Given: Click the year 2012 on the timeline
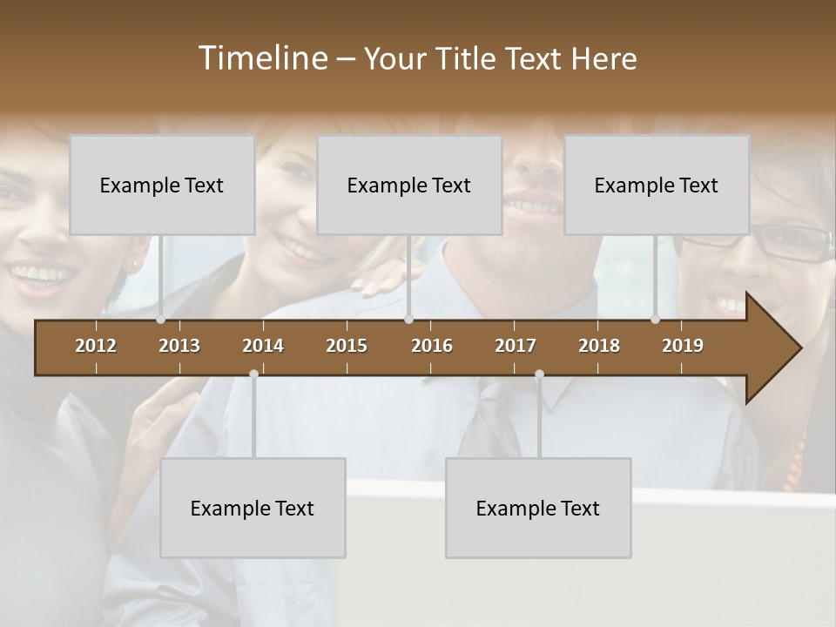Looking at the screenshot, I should point(96,346).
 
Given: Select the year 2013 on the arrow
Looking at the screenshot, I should point(179,346).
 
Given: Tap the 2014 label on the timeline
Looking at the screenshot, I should point(263,346).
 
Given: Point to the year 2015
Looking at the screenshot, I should point(347,346).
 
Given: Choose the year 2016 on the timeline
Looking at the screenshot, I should point(432,346).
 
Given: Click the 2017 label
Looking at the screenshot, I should point(516,346).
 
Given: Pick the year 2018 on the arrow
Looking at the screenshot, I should point(599,346).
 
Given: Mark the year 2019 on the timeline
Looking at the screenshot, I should point(683,346).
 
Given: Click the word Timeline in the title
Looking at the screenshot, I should point(261,58).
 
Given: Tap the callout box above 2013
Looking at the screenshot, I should point(162,185).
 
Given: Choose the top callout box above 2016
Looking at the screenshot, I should point(409,185).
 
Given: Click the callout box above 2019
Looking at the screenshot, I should point(657,185).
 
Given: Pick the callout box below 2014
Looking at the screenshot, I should point(253,508).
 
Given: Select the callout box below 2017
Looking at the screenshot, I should point(538,508).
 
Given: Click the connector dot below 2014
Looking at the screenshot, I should point(253,374).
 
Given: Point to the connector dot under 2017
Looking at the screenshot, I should point(539,374).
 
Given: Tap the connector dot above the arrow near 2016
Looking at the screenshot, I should point(408,320).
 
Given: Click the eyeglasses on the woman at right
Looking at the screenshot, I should point(788,242).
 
